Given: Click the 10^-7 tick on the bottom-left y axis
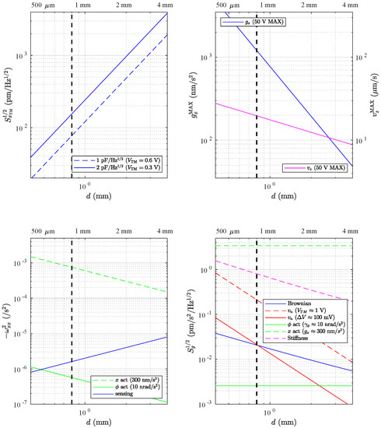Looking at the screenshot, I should pos(19,404).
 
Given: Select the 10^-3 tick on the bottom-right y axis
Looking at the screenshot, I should pos(211,405).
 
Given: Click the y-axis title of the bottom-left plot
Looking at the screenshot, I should pos(6,319).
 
